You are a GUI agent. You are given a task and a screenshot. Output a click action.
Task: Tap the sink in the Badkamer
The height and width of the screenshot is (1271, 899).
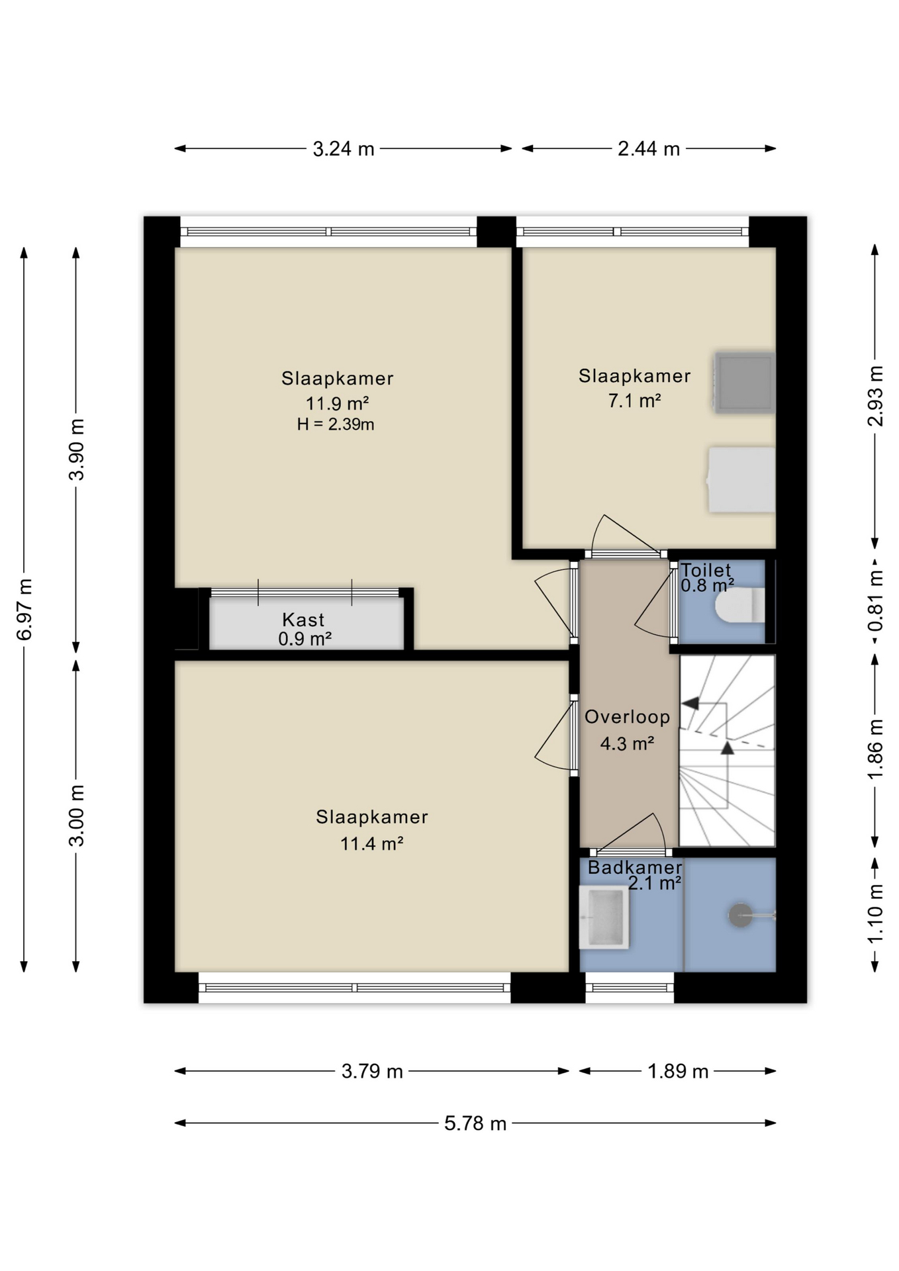tap(604, 917)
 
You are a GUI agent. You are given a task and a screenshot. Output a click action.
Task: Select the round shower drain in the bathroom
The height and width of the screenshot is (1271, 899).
tap(740, 916)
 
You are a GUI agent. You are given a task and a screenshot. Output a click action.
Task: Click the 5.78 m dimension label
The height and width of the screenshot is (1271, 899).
tap(475, 1123)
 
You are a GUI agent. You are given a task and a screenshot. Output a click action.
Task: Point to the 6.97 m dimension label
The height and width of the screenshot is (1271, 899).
tap(24, 610)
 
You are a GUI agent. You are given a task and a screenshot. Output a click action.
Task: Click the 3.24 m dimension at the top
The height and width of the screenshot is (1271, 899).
tap(344, 149)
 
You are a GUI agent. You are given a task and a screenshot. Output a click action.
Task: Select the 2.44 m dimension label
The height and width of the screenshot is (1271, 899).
tap(649, 149)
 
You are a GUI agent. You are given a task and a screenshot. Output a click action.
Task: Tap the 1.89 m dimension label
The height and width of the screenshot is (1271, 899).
tap(678, 1071)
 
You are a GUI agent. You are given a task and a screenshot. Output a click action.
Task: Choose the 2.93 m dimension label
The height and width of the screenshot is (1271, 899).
tap(875, 396)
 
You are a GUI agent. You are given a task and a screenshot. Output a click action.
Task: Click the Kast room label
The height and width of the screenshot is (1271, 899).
tap(303, 620)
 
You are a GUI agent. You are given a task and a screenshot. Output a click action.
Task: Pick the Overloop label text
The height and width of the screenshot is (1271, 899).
tap(627, 717)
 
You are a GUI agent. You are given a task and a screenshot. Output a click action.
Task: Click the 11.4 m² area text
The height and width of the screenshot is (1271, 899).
tap(371, 843)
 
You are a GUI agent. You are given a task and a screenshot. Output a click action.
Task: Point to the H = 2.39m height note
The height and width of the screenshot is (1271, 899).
tap(336, 424)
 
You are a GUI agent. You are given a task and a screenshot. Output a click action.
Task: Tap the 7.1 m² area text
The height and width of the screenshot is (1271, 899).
tap(634, 400)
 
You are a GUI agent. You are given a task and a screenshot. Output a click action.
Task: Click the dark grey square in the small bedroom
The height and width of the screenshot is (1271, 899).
tap(745, 383)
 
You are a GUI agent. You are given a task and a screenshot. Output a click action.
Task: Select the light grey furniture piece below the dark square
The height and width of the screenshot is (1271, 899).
tap(741, 480)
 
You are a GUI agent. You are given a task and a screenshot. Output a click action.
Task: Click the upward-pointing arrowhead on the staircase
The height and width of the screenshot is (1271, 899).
tap(728, 748)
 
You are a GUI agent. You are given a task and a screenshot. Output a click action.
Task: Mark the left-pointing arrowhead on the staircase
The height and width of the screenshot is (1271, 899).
tap(690, 703)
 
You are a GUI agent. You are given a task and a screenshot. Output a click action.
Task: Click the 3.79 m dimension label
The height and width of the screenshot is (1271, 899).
tap(372, 1071)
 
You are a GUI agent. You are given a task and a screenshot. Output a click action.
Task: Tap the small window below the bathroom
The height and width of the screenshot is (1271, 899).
tap(630, 988)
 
